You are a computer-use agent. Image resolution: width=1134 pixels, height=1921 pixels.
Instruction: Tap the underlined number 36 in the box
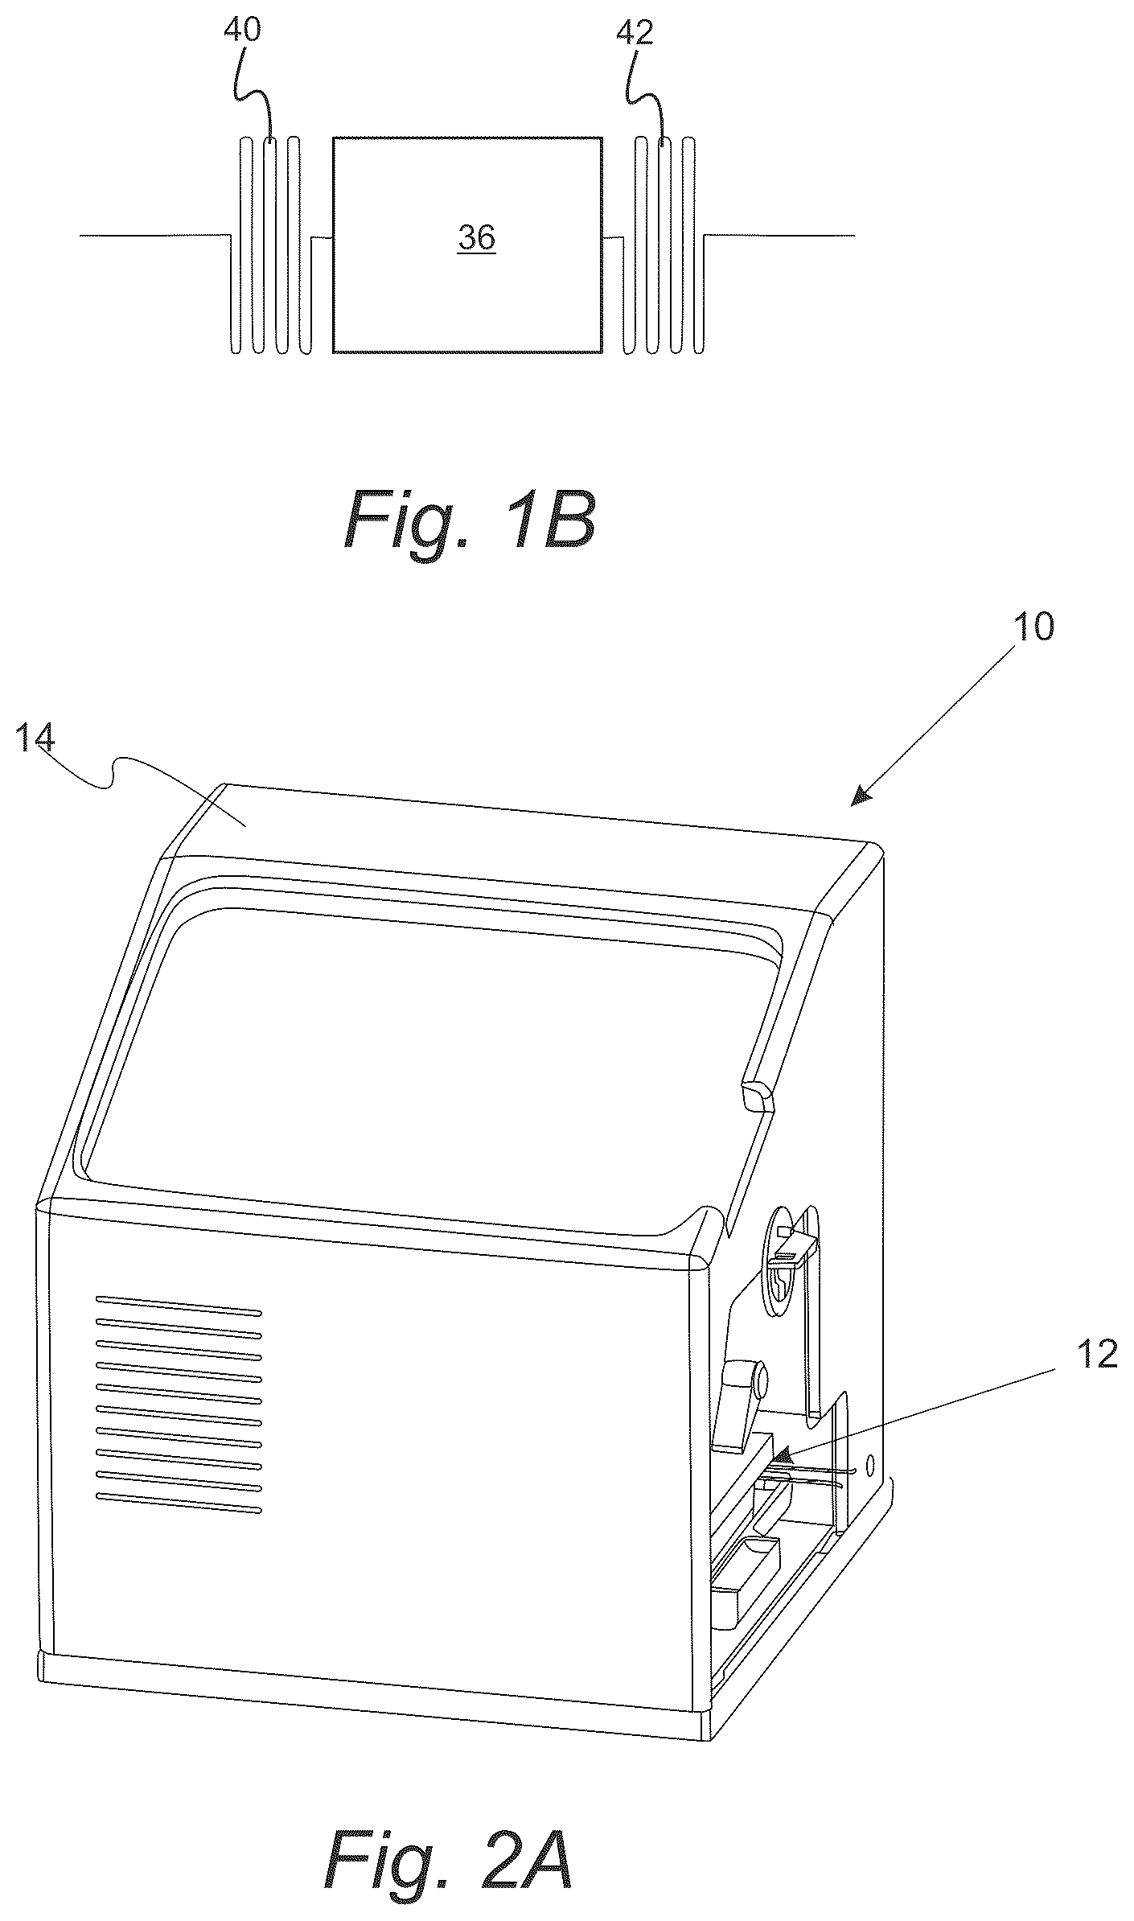coord(477,238)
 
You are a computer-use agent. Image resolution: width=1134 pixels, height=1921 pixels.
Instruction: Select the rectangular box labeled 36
coord(467,245)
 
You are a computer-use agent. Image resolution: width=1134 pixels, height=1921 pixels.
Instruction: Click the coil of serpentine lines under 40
coord(271,245)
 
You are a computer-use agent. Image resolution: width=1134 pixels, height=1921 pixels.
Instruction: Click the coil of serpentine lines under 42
coord(664,245)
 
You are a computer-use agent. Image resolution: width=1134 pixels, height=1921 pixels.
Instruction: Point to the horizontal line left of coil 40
coord(155,235)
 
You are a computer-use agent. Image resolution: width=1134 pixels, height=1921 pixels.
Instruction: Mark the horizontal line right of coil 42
coord(779,236)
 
